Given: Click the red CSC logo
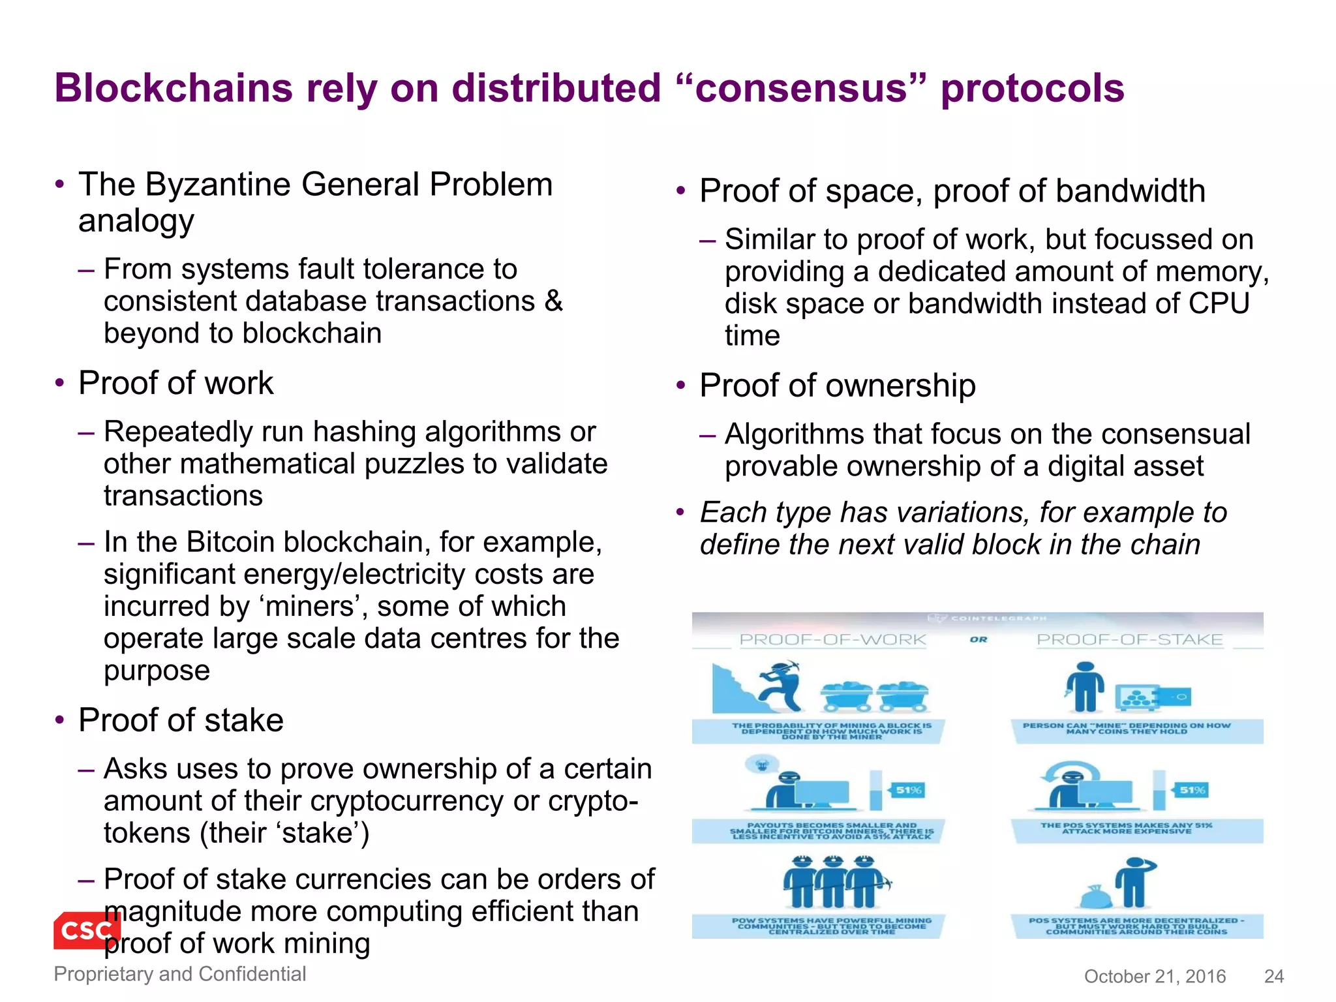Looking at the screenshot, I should (87, 930).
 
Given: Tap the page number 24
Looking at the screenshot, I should (1273, 976).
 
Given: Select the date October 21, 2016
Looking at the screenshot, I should (1155, 976).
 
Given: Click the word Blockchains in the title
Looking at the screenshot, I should (174, 88).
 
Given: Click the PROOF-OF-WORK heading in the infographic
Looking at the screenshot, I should (832, 639).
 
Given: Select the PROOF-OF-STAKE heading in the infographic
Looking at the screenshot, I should (1130, 639).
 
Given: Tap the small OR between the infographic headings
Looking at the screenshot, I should (979, 639).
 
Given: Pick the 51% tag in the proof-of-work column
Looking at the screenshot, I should (908, 790).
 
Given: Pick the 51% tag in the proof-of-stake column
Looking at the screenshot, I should (1192, 790).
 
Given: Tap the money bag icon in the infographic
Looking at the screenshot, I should (1095, 897).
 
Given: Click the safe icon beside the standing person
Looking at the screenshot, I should (1153, 697).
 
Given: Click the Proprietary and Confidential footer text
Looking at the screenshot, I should (179, 973).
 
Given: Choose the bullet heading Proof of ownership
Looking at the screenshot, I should (838, 386).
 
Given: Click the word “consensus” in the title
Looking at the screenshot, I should (802, 88).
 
